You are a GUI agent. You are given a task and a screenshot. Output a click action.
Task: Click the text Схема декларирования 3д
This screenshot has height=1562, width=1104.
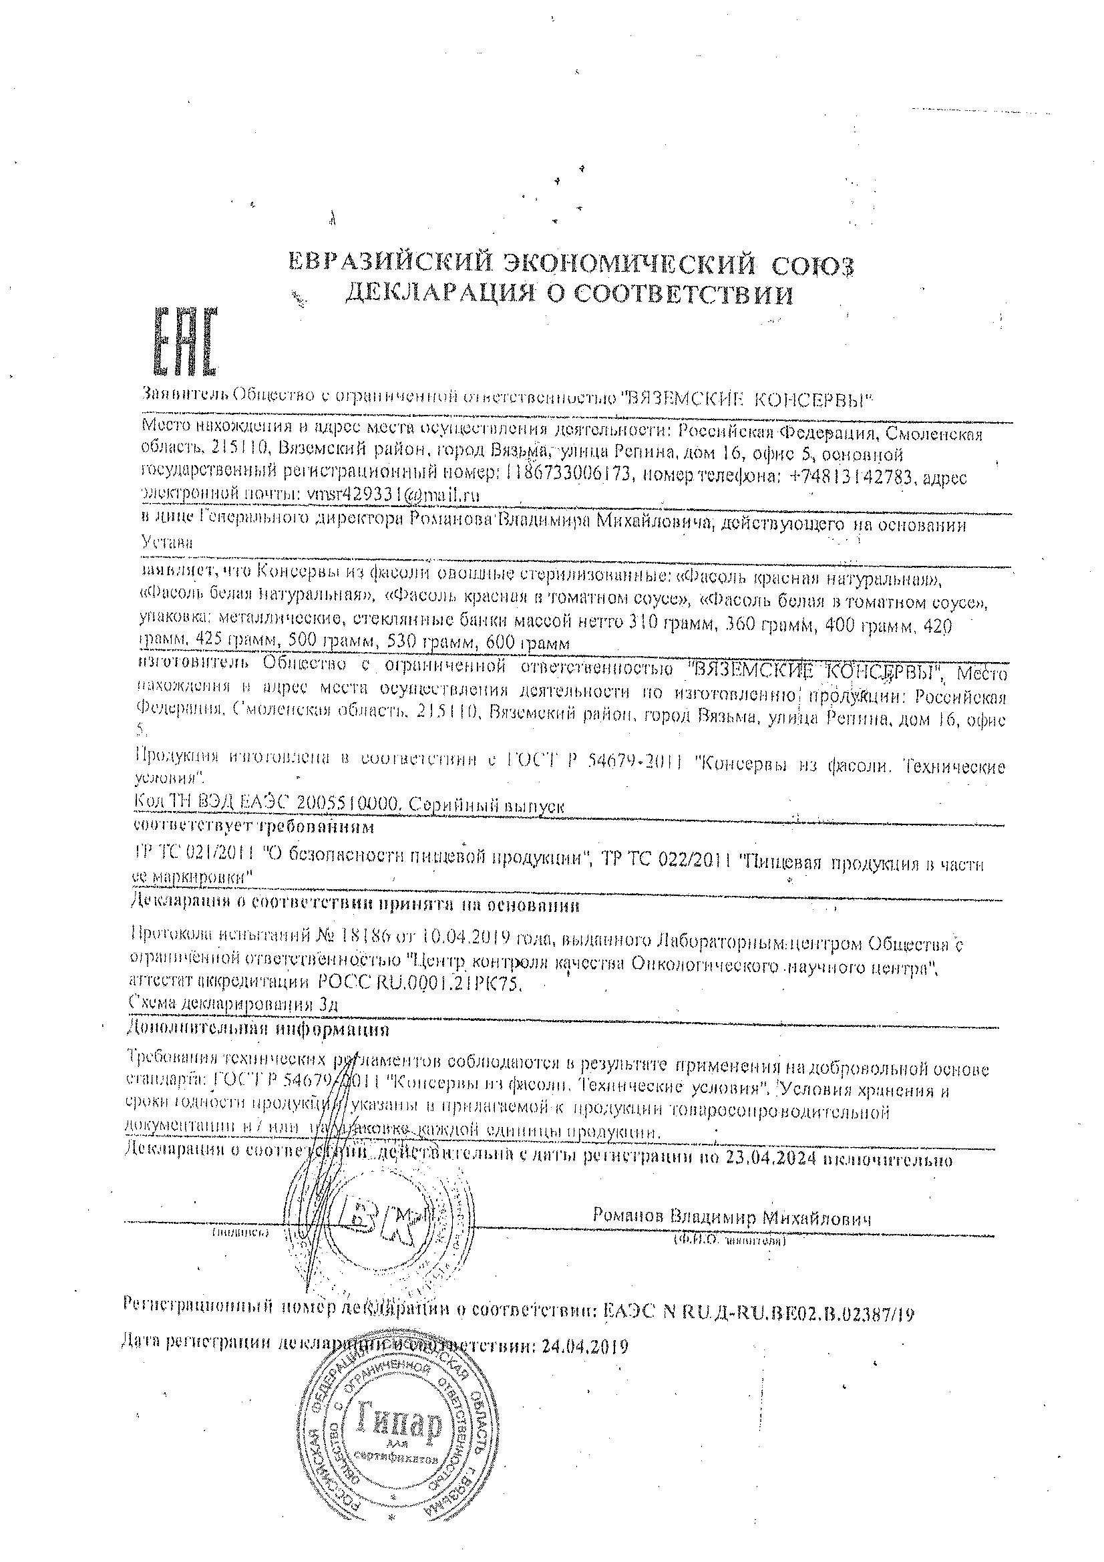(232, 1003)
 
